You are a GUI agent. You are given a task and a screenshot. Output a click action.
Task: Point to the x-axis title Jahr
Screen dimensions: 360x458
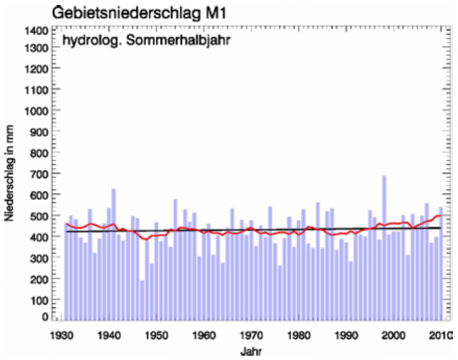click(x=251, y=351)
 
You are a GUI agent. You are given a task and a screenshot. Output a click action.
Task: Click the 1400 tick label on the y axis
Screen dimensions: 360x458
click(x=36, y=31)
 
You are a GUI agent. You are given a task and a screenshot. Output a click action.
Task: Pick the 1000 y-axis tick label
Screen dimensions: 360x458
click(x=36, y=112)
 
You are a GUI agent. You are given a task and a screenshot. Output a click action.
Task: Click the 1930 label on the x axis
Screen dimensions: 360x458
click(x=63, y=334)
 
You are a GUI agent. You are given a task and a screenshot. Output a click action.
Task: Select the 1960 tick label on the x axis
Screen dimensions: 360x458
click(x=204, y=334)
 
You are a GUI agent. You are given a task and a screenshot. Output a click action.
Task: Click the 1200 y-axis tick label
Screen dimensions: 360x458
click(x=36, y=72)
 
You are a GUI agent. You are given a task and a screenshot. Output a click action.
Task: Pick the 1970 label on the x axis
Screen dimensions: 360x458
click(x=251, y=334)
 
